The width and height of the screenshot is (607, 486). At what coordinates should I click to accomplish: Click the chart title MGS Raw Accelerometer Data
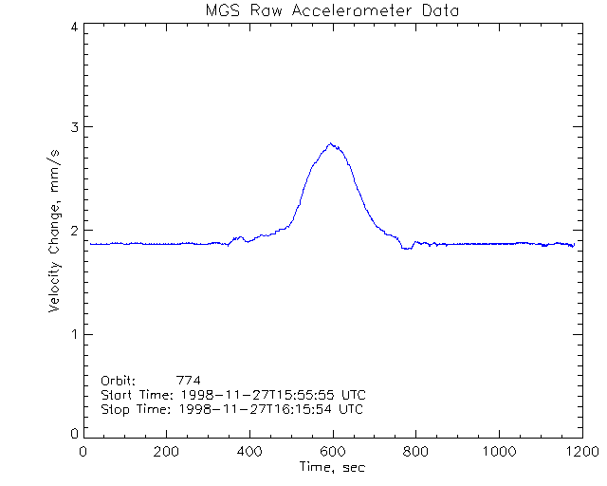pos(332,10)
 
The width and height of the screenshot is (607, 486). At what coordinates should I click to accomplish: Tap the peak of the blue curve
pos(331,143)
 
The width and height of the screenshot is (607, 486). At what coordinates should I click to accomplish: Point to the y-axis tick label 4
pos(74,27)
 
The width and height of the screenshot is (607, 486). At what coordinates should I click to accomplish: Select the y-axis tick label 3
pos(74,127)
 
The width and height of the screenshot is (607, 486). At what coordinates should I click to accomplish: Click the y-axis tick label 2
pos(74,231)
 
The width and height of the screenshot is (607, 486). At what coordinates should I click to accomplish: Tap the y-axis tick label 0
pos(74,434)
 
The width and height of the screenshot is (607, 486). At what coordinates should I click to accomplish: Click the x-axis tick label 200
pos(166,452)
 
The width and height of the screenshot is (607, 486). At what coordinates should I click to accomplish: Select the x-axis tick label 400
pos(248,452)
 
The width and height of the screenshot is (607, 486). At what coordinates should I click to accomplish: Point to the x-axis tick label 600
pos(332,452)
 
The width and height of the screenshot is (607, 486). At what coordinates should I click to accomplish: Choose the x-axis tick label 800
pos(414,452)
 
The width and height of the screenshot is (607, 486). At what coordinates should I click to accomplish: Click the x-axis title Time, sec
pos(330,467)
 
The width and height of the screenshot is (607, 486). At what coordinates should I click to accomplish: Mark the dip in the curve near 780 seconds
pos(406,248)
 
